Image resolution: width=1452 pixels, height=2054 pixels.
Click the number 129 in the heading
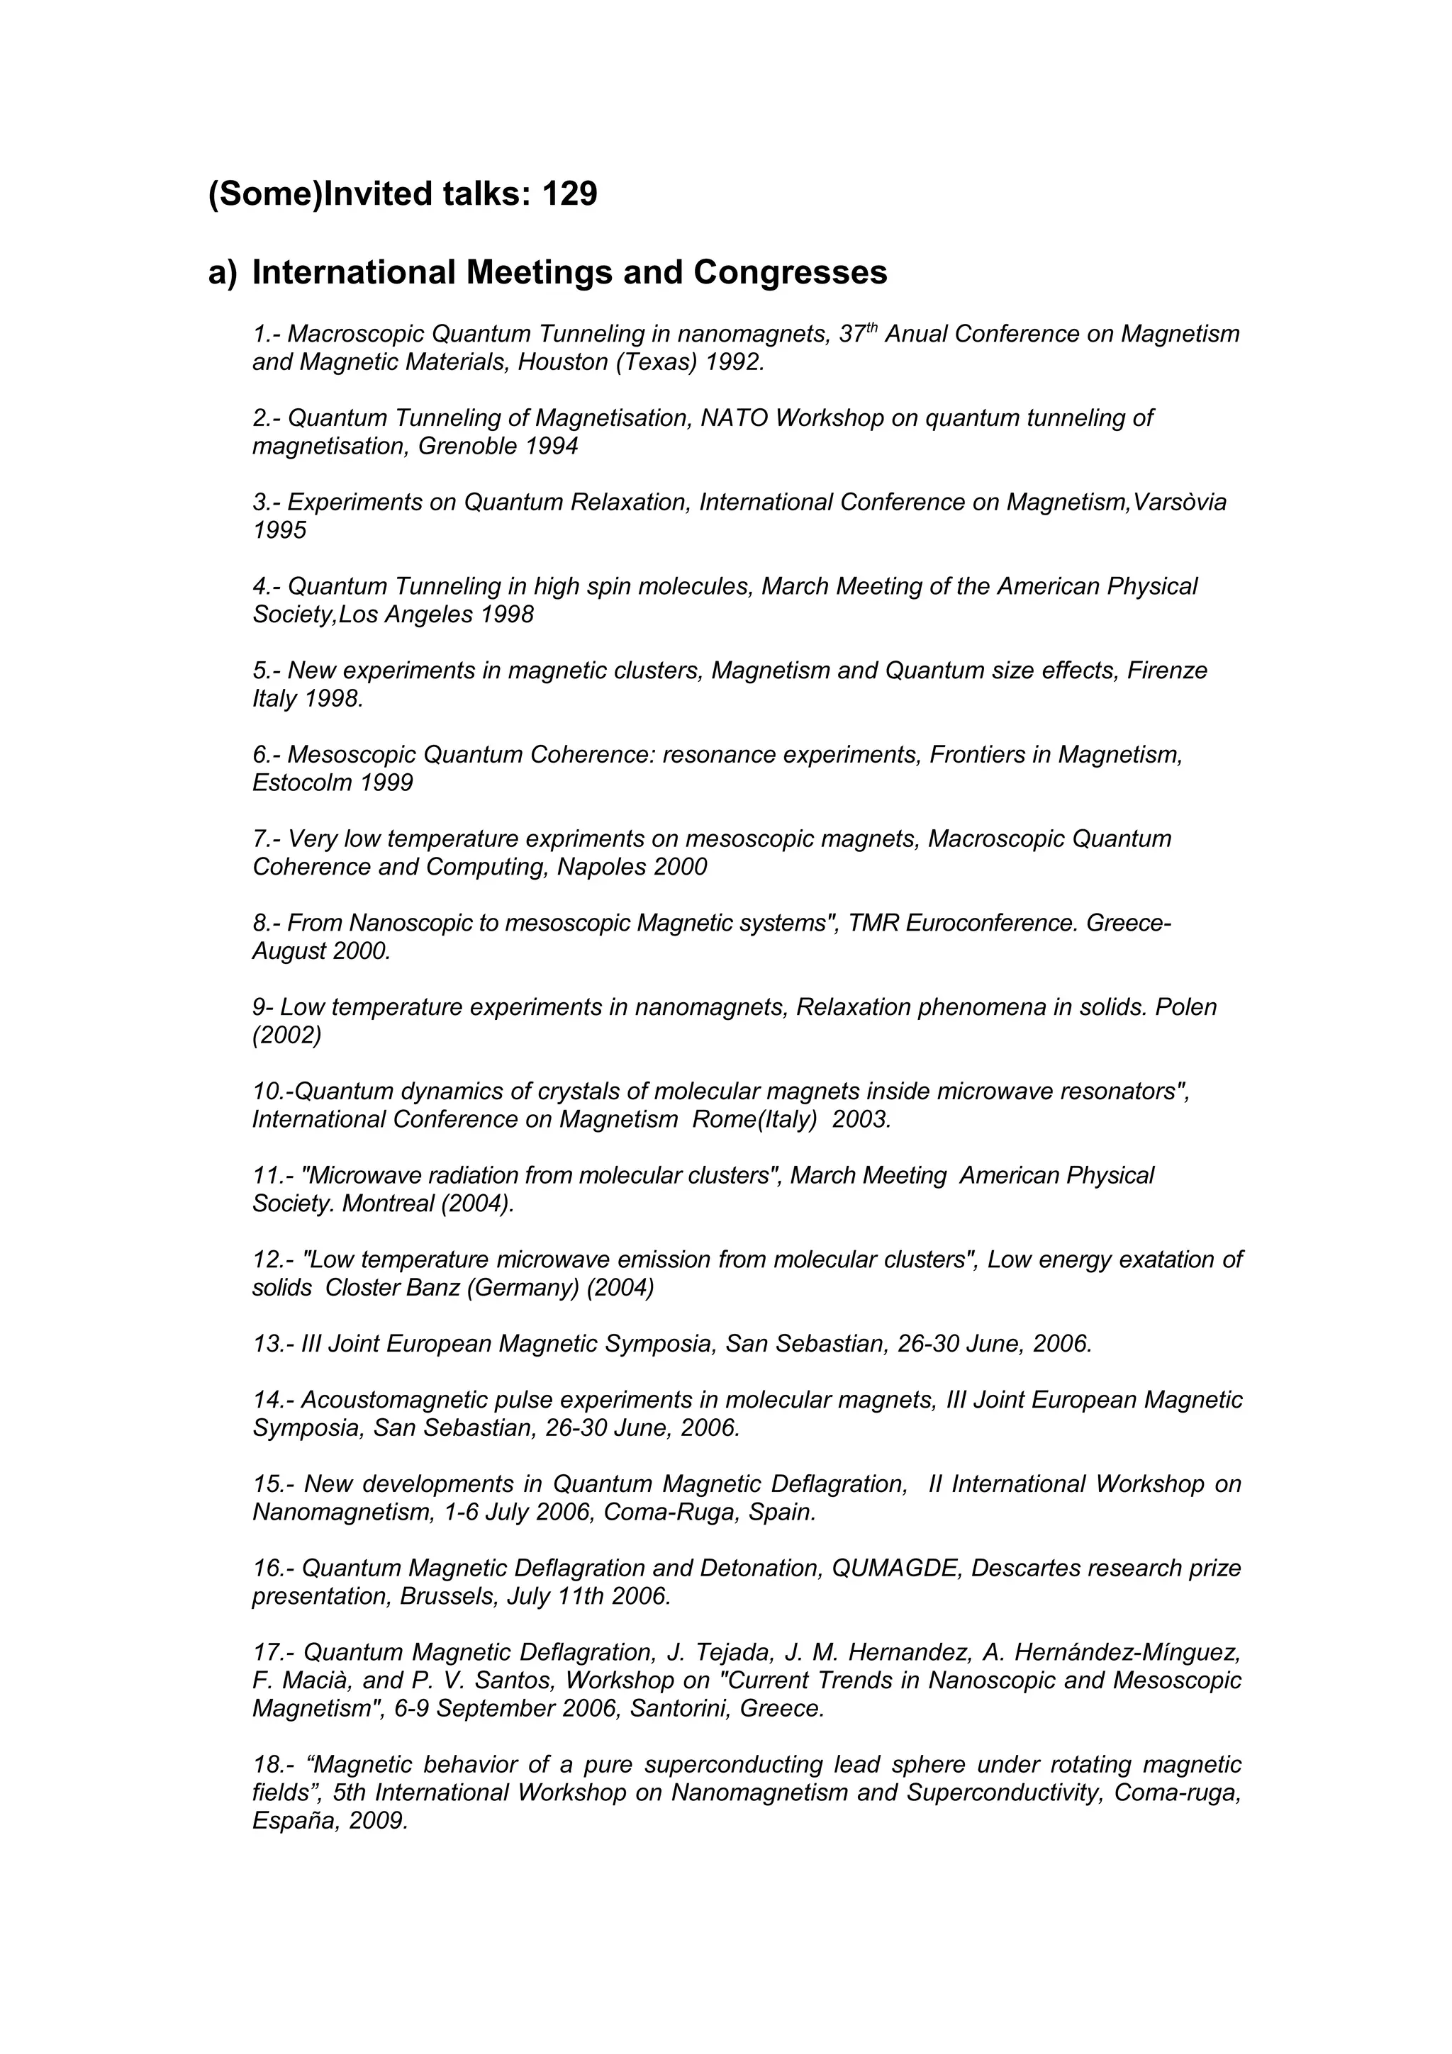pyautogui.click(x=569, y=194)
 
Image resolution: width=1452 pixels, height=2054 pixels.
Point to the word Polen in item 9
pyautogui.click(x=1185, y=1007)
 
